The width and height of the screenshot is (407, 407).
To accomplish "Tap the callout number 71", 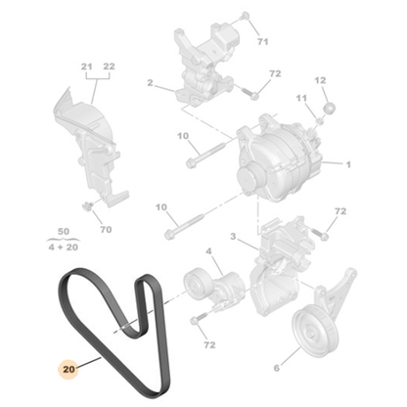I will [261, 42].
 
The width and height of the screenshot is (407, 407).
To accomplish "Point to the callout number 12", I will [320, 79].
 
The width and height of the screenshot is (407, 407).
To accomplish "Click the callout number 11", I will [301, 98].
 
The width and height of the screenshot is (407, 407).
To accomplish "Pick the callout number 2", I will [151, 83].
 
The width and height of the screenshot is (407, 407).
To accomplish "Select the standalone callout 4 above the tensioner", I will [206, 252].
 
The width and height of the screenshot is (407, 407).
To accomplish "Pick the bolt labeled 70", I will [88, 205].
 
